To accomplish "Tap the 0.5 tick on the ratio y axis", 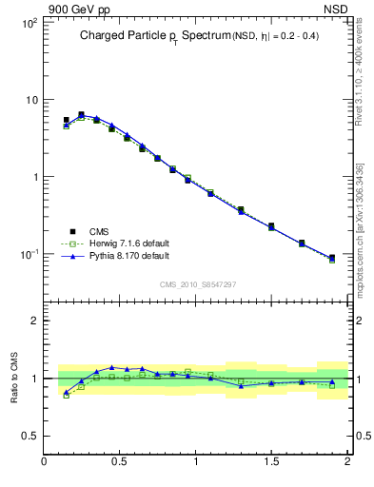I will coord(28,437).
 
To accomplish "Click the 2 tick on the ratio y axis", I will coord(32,321).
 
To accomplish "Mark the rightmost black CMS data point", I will coord(332,258).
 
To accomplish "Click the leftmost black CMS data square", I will coord(66,121).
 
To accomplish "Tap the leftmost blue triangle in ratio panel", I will coord(66,392).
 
